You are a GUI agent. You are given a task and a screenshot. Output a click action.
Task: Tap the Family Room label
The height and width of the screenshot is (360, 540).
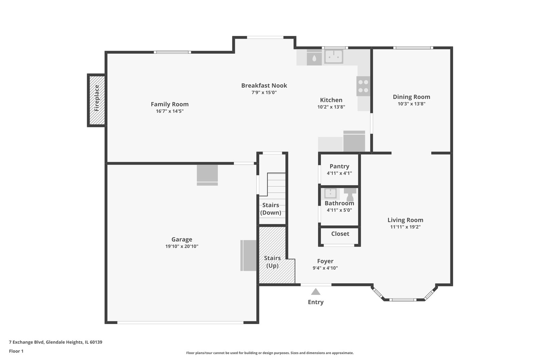[170, 104]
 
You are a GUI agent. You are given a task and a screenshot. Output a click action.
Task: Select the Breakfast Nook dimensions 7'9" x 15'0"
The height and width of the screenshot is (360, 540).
[264, 92]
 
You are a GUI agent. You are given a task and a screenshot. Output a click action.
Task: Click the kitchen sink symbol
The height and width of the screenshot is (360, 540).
[334, 57]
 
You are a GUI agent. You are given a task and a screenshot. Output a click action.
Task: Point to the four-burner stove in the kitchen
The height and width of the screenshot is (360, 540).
[363, 86]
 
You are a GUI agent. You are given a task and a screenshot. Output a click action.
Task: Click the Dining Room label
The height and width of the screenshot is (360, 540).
[412, 97]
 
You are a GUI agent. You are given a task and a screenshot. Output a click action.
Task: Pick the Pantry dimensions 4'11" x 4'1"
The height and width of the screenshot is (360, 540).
[339, 173]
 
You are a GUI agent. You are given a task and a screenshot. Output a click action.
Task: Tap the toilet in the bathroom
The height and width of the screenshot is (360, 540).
[350, 195]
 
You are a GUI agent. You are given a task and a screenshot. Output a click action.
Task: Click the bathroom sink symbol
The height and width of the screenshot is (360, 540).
[330, 193]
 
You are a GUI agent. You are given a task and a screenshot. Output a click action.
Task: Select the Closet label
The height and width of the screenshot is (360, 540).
[340, 234]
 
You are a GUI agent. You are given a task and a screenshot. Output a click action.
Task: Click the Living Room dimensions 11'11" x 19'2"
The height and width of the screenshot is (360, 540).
[405, 227]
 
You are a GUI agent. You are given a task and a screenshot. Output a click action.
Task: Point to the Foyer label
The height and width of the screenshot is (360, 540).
[325, 261]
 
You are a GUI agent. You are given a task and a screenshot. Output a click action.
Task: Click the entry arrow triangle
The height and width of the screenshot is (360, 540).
[316, 292]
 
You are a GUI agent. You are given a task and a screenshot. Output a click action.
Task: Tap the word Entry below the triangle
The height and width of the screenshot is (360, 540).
[316, 302]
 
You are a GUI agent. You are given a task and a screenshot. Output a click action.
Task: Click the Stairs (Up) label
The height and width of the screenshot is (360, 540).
[272, 262]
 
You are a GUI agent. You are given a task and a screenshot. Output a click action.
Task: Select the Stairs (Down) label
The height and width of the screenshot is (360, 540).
[271, 209]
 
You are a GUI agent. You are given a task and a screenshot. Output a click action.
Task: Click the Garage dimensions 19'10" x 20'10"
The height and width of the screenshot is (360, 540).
[182, 246]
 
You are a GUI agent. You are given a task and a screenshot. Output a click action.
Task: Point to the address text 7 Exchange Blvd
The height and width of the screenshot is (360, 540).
[27, 342]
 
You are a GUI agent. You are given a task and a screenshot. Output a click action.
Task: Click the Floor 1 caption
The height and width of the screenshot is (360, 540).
[16, 351]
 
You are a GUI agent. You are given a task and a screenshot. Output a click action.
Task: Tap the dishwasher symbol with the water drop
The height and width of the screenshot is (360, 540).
[314, 58]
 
